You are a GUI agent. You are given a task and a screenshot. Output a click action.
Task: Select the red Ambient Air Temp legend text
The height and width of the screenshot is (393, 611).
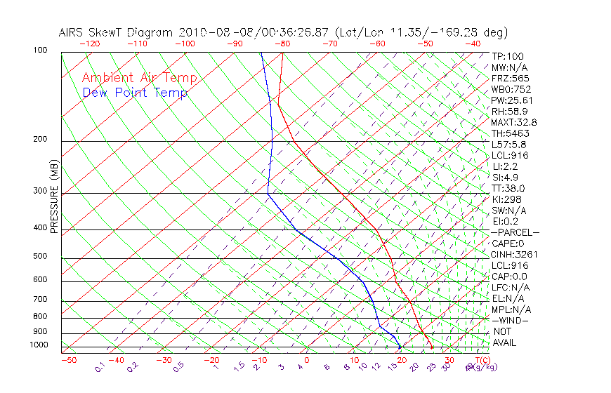(x=139, y=79)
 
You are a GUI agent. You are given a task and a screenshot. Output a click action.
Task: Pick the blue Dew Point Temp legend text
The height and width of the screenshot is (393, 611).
(x=135, y=93)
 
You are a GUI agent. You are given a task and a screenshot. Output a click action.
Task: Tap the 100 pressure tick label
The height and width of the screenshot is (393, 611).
(x=40, y=51)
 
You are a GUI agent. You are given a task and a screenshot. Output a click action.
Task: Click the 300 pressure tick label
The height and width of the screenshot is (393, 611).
(x=40, y=191)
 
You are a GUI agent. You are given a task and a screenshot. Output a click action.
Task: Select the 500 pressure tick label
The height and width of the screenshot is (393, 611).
(x=40, y=256)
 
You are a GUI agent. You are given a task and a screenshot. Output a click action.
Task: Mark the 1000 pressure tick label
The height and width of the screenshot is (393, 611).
(x=38, y=345)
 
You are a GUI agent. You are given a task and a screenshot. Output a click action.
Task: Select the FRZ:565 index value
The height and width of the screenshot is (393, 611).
(x=511, y=79)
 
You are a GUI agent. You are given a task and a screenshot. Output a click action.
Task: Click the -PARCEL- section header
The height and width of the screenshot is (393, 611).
(x=515, y=232)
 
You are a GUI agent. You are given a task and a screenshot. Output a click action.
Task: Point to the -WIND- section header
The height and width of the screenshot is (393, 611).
(x=510, y=320)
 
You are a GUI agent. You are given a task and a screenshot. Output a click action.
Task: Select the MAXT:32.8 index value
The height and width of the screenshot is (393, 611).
(x=512, y=122)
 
